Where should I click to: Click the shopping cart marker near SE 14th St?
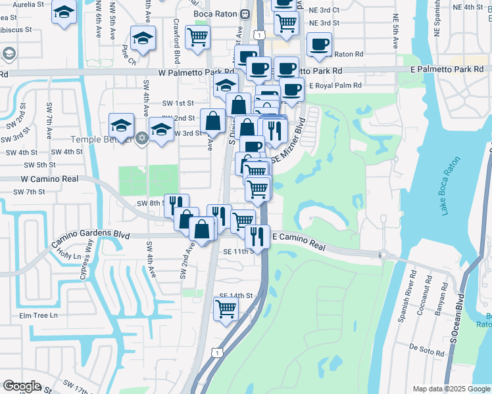pos(226,307)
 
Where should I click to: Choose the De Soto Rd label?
pos(426,349)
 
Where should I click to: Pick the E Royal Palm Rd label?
pos(336,85)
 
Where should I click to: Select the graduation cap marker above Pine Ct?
pos(142,39)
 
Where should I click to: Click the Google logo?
pos(22,386)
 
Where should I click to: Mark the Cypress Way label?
pos(86,260)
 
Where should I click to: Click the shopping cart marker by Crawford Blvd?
pos(197,37)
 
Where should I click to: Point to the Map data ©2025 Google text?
pos(451,389)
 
